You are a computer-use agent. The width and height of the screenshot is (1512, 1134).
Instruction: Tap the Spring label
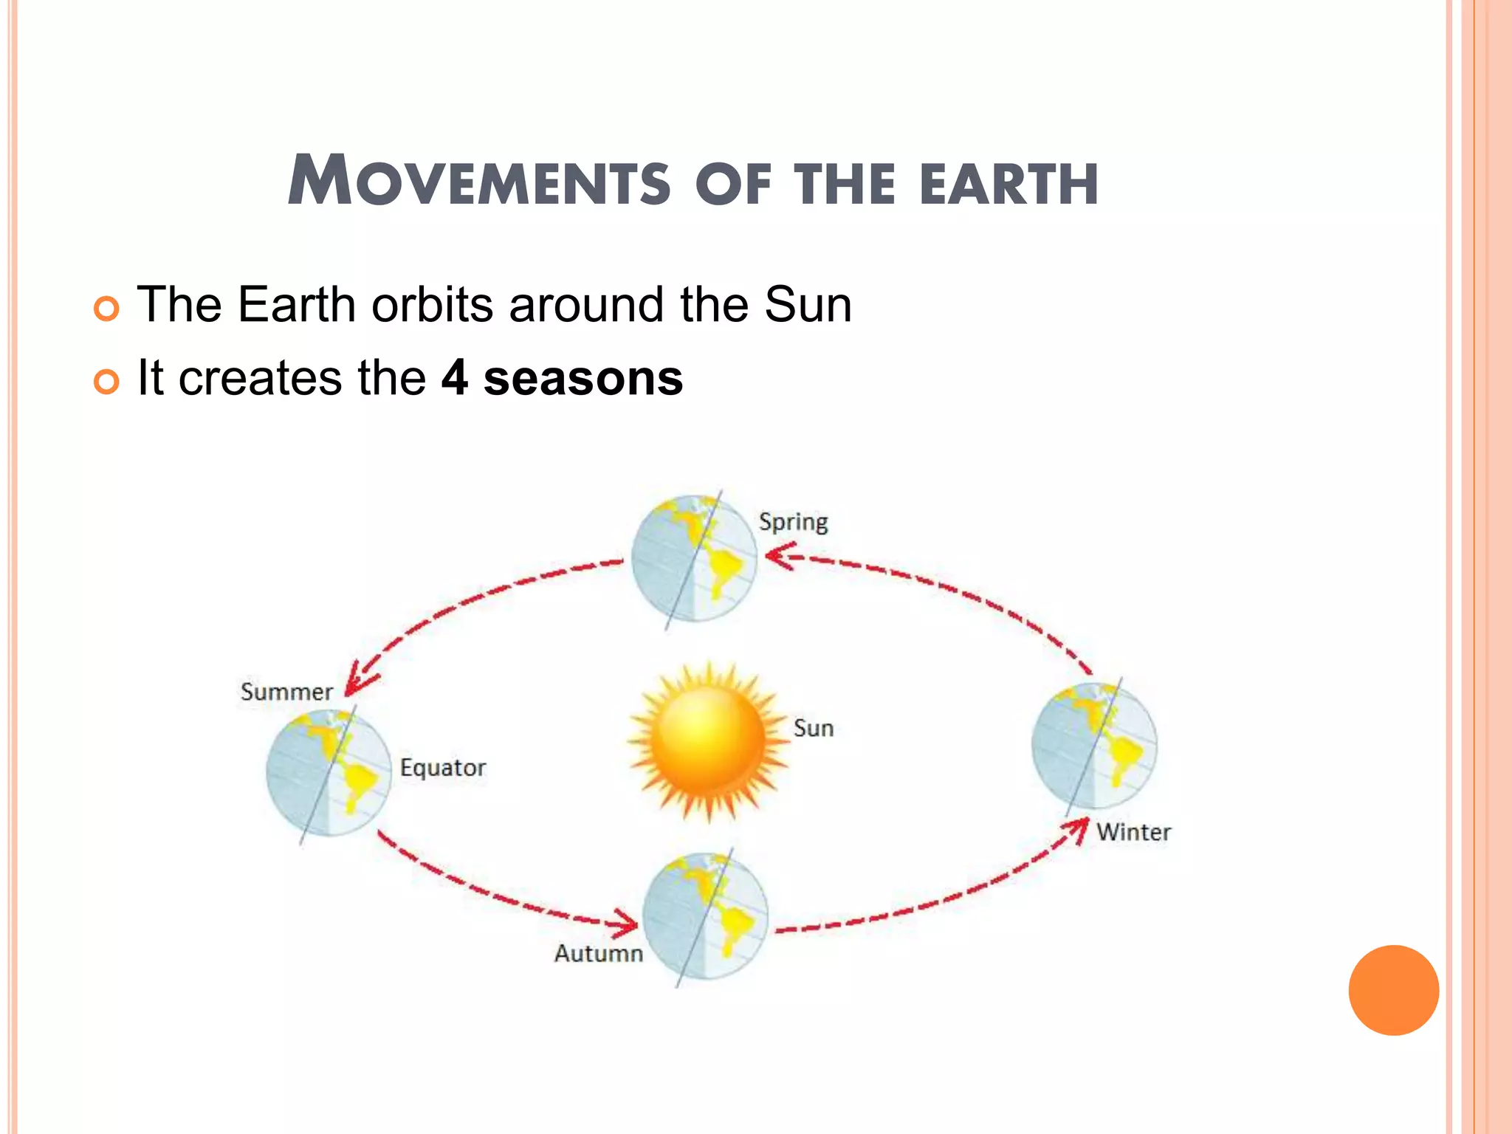click(794, 522)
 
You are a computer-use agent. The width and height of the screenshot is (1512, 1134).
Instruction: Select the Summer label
click(286, 692)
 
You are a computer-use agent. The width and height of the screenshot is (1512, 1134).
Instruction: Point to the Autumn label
click(599, 953)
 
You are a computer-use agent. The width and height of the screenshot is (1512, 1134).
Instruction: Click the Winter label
click(1133, 832)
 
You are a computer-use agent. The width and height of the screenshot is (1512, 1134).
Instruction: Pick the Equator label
click(443, 768)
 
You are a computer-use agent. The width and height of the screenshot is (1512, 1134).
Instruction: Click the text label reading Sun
click(814, 729)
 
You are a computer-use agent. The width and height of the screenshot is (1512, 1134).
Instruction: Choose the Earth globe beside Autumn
click(705, 916)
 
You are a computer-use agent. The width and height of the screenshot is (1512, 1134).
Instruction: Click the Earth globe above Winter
click(1094, 746)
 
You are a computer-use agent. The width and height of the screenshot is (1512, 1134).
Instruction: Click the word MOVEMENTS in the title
click(480, 182)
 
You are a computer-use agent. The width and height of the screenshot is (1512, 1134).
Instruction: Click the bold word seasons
click(583, 378)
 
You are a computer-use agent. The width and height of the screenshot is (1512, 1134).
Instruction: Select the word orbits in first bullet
click(432, 304)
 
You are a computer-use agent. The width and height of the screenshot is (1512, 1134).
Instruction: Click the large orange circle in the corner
click(1393, 990)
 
